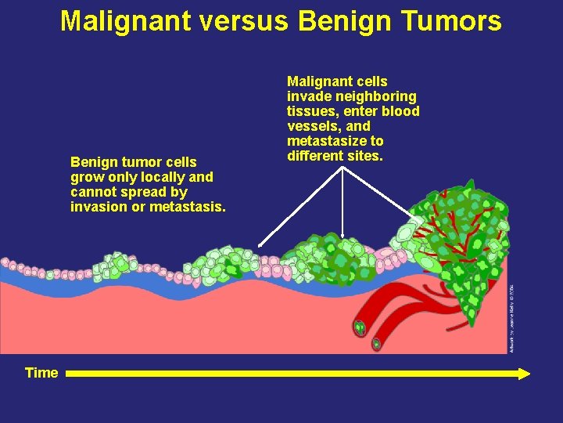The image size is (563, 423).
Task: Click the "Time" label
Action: tap(41, 373)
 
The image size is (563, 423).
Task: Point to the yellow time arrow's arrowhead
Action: tap(525, 374)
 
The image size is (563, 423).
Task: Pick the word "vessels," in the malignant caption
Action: tap(313, 126)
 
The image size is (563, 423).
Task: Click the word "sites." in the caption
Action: tap(364, 156)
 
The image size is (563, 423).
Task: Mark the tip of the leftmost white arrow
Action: tap(260, 247)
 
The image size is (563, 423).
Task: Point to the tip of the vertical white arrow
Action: tap(343, 234)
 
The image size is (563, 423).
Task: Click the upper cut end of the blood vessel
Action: tap(360, 327)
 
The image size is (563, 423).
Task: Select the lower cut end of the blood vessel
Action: tap(376, 343)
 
